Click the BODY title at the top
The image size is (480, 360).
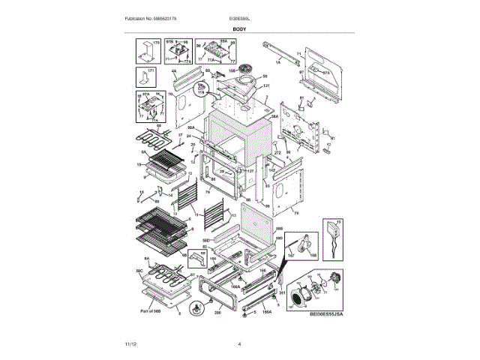coord(240,28)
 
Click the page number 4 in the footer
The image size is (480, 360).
coord(239,343)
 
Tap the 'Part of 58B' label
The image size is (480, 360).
coord(151,310)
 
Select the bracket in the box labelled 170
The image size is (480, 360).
coord(141,52)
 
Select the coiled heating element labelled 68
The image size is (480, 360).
coord(153,139)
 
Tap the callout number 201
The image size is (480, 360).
coord(283,292)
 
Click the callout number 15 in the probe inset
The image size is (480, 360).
coord(337,223)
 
